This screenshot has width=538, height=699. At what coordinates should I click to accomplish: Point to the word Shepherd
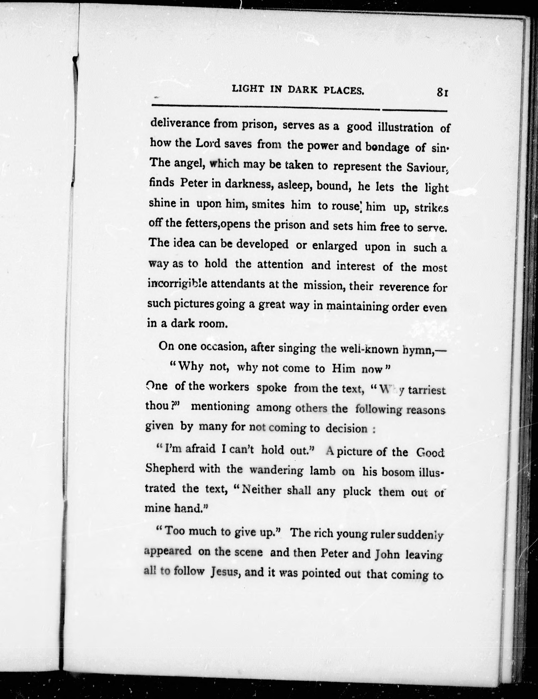pos(170,468)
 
